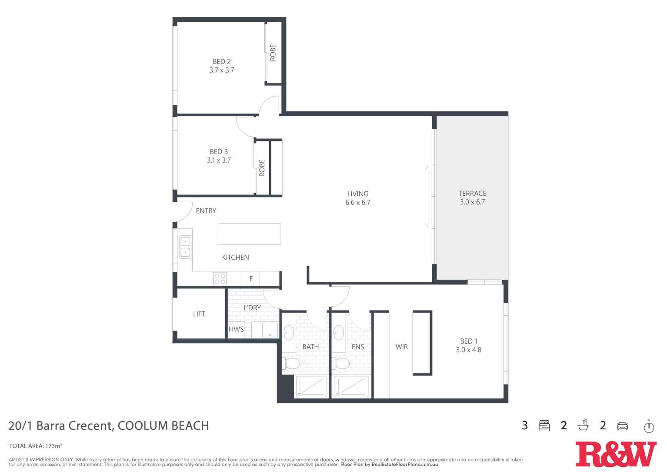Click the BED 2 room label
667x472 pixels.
pos(221,62)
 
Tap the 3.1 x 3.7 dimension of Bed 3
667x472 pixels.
pos(219,160)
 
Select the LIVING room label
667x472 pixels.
pos(357,194)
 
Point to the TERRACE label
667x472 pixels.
pos(472,194)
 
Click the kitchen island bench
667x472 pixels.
pos(250,234)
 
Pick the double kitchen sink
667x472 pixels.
pos(185,247)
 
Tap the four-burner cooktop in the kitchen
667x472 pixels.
pos(220,278)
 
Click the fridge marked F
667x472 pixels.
pos(251,279)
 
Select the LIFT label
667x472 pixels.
pos(199,314)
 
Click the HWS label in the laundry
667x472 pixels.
pos(236,329)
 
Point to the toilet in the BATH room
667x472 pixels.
pos(291,363)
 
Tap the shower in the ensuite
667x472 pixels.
pos(351,387)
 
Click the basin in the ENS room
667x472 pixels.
pos(339,333)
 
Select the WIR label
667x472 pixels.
pos(401,347)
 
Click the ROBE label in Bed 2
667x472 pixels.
pos(273,53)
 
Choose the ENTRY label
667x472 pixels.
pos(206,211)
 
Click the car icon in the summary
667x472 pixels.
pos(622,425)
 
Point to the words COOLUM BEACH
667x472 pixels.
pos(163,425)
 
